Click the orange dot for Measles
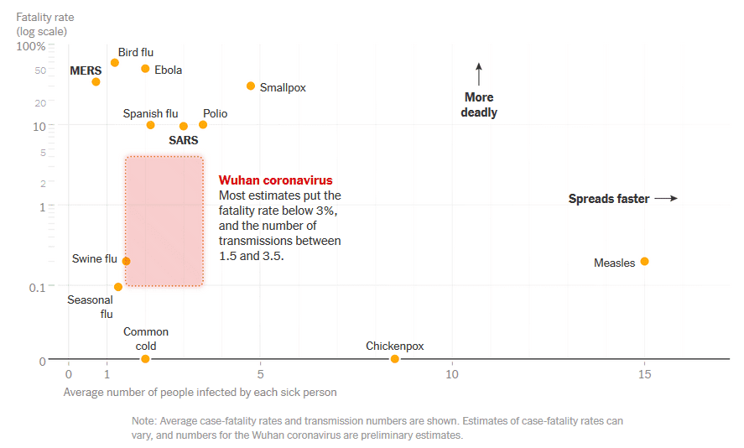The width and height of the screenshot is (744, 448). pyautogui.click(x=644, y=261)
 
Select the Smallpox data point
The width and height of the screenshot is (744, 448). pyautogui.click(x=251, y=86)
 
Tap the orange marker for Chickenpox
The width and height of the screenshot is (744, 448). pyautogui.click(x=395, y=359)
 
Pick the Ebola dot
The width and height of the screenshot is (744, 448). pyautogui.click(x=145, y=69)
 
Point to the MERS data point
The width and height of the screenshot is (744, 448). pyautogui.click(x=96, y=81)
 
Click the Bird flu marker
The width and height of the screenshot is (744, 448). pyautogui.click(x=115, y=63)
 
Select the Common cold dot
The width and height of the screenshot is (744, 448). pyautogui.click(x=145, y=359)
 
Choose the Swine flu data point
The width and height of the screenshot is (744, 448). pyautogui.click(x=127, y=261)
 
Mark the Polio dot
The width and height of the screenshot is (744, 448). pyautogui.click(x=203, y=125)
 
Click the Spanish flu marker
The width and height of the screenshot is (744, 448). pyautogui.click(x=150, y=125)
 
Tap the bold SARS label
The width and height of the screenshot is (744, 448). pyautogui.click(x=184, y=140)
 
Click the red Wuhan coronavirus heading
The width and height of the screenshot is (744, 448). pyautogui.click(x=275, y=180)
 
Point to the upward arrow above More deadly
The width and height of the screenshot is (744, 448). pyautogui.click(x=479, y=73)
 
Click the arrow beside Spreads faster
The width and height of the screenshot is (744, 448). pyautogui.click(x=665, y=199)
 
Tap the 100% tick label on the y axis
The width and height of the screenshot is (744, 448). pyautogui.click(x=31, y=45)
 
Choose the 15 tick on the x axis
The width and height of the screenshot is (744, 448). pyautogui.click(x=644, y=374)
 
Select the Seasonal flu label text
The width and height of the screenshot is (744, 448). pyautogui.click(x=91, y=307)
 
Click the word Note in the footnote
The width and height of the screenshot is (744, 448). pyautogui.click(x=145, y=421)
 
